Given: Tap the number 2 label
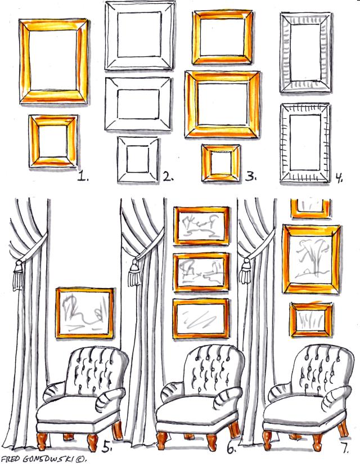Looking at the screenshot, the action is pos(168,177).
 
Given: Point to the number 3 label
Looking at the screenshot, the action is pos(251,177).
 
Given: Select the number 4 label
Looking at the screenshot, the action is pos(339,177).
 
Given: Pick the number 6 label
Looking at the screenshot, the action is pos(232,448).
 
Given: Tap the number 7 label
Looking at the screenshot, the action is pos(345,447).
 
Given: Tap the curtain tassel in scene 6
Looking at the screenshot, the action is pos(134,272).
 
